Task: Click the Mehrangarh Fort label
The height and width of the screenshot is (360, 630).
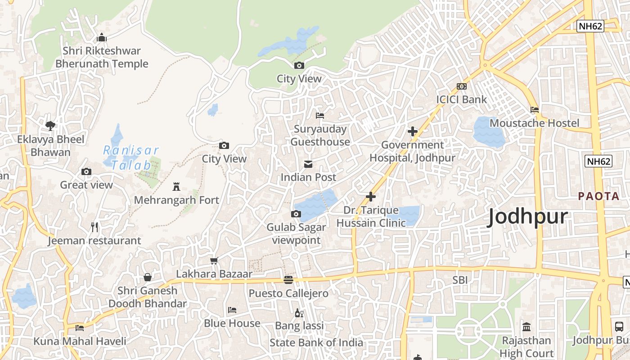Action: [176, 200]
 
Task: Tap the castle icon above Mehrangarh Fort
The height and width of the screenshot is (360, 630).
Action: [176, 186]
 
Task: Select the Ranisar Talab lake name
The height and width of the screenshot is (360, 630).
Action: [131, 157]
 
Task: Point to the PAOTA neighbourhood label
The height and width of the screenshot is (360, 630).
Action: [598, 196]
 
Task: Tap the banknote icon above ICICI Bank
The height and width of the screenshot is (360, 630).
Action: [461, 86]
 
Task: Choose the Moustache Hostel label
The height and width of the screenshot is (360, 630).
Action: [534, 123]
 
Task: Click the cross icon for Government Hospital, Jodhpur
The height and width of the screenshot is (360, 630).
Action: [412, 131]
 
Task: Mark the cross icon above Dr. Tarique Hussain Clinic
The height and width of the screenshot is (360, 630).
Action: [371, 197]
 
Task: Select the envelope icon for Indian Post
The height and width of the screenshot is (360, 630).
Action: [308, 164]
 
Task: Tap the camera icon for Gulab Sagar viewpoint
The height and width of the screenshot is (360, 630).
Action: [296, 214]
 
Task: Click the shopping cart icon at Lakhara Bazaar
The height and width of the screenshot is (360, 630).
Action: [214, 261]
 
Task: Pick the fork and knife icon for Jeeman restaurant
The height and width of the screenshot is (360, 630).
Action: [94, 227]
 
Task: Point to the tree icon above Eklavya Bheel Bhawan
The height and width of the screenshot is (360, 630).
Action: [50, 126]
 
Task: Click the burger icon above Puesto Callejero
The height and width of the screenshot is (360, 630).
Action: [288, 280]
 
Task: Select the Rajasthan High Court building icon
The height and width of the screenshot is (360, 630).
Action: [526, 327]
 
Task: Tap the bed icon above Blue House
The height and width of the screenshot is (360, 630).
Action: [232, 310]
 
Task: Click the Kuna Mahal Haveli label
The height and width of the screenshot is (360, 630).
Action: [80, 341]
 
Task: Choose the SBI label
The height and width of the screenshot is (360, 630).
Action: [460, 280]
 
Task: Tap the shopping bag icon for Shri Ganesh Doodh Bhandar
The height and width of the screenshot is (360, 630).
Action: [147, 277]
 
